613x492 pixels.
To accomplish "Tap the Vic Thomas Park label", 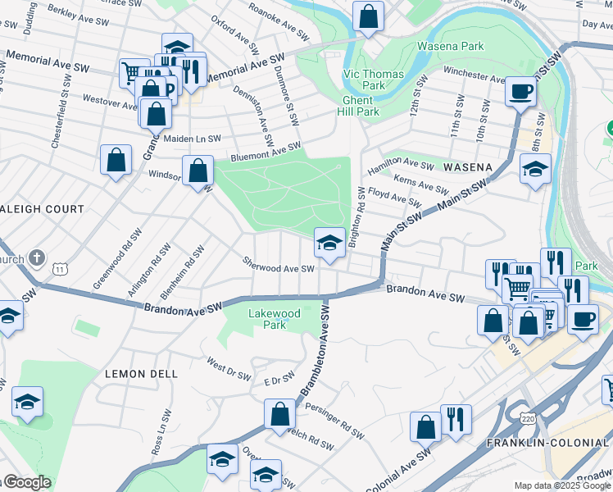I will [373, 80].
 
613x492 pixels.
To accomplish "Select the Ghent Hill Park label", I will [361, 106].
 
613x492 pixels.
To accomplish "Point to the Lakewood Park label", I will [274, 319].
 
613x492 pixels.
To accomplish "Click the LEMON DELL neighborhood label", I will [141, 374].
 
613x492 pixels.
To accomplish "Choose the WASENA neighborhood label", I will [467, 167].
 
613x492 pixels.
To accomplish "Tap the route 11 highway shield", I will [60, 269].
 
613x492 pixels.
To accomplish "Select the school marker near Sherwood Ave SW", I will [329, 243].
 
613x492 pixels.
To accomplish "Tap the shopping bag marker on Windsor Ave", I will [198, 171].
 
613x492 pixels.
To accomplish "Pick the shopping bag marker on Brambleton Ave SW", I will [279, 414].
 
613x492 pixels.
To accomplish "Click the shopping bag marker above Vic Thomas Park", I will [369, 16].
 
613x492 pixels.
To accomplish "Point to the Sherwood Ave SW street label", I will [279, 268].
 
